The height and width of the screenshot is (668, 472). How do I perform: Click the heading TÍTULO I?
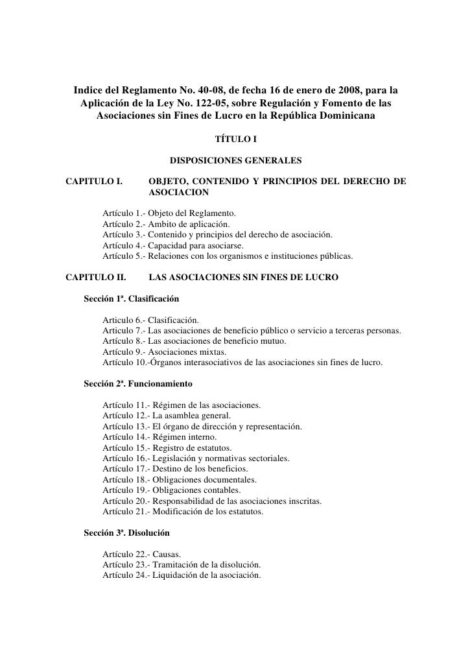tap(236, 138)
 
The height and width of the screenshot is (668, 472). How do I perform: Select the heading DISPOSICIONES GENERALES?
tap(235, 159)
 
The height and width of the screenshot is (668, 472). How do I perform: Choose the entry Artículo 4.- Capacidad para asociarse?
tap(173, 246)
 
